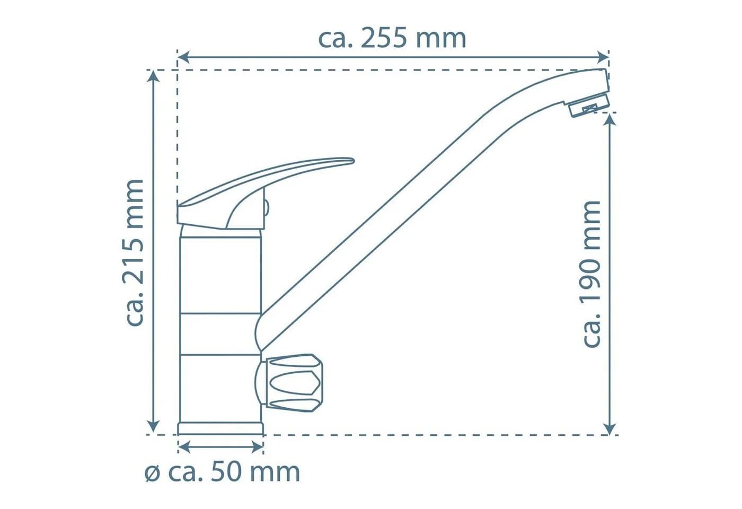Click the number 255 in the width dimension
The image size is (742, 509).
point(384,39)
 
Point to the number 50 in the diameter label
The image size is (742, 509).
point(225,472)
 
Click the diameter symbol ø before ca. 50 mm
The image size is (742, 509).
point(153,473)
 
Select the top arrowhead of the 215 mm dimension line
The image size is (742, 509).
point(153,76)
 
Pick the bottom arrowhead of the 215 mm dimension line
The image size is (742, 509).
point(153,428)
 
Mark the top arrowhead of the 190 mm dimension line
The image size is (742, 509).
point(610,119)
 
